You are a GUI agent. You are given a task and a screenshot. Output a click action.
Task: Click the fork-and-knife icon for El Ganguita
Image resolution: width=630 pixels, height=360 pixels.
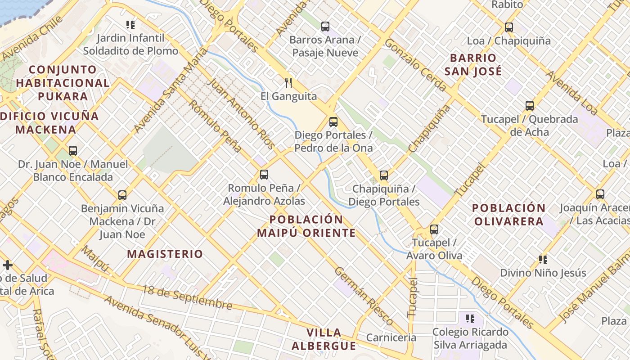[288, 83]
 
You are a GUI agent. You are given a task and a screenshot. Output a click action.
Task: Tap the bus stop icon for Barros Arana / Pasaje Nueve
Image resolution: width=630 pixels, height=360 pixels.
[325, 27]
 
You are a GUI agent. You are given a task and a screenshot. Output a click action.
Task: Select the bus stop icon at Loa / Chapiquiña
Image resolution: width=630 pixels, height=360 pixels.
[508, 27]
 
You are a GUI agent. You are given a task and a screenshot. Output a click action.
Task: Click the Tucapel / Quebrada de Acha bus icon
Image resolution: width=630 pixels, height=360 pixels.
[530, 106]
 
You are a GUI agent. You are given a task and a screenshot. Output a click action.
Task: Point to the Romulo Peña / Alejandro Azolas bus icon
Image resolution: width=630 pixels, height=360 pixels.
[264, 175]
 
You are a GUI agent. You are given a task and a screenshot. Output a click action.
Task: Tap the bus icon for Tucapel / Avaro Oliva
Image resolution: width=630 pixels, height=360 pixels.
[434, 229]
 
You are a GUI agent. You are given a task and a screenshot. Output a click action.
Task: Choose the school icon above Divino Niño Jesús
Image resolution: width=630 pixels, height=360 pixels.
[543, 260]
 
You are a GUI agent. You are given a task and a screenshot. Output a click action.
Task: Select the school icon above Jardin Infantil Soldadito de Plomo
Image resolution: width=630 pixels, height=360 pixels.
[130, 25]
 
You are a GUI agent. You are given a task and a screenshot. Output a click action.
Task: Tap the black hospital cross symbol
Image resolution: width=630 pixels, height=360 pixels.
[8, 265]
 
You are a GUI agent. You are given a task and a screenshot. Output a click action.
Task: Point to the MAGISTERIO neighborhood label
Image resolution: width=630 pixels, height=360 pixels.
[165, 254]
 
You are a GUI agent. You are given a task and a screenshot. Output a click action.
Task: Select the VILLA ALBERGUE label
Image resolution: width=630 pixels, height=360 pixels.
[324, 339]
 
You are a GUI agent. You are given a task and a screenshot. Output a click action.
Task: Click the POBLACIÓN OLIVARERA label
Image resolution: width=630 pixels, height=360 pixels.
[508, 215]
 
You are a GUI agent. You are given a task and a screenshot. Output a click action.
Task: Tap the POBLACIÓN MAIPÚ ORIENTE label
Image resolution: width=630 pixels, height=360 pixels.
[306, 226]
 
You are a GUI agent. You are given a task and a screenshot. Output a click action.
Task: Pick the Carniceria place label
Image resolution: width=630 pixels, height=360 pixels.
[391, 337]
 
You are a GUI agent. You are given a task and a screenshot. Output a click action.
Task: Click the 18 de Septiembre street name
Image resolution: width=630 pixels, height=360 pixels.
[187, 297]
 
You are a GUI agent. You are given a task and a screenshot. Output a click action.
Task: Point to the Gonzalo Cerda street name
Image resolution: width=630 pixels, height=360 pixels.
[415, 65]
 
